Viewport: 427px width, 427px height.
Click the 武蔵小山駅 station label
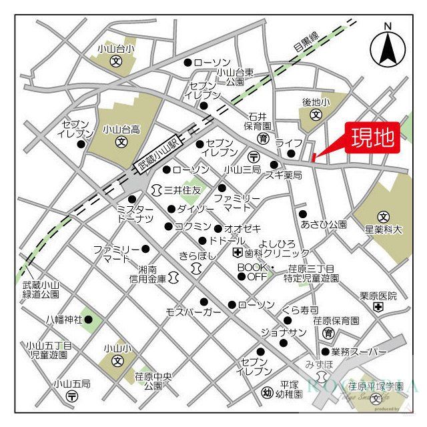(159, 153)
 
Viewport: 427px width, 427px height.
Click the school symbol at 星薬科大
(383, 217)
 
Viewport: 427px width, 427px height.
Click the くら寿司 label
(300, 310)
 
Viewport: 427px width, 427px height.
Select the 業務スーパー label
(359, 352)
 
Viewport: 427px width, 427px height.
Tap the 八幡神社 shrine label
(65, 320)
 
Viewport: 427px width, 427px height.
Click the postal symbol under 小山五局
(72, 396)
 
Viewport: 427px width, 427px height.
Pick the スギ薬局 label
(284, 175)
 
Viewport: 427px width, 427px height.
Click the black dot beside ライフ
(291, 153)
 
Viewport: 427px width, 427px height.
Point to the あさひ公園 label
(324, 224)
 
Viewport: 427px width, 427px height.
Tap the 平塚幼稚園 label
(288, 389)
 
